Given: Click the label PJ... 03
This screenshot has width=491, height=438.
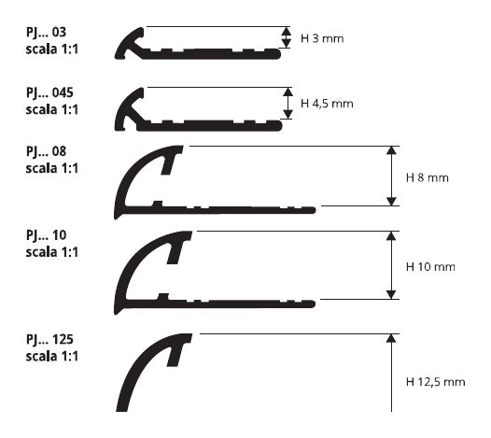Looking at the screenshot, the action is [x=46, y=33].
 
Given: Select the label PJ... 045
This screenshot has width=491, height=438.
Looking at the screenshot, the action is [x=49, y=93].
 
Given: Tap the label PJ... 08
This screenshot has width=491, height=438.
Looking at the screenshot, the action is [x=46, y=152].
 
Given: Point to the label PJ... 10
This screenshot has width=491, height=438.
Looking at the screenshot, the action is [x=46, y=235].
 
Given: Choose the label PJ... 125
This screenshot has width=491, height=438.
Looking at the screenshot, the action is [x=49, y=340].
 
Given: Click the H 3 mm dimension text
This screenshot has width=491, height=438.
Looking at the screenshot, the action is [x=322, y=38].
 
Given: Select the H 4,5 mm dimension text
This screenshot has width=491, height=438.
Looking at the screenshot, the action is [x=327, y=104].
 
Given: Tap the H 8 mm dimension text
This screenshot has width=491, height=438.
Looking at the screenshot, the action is [x=428, y=177].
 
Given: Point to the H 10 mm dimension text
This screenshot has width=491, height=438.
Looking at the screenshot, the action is [x=430, y=267].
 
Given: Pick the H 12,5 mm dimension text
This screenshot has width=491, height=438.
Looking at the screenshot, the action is [x=435, y=382].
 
